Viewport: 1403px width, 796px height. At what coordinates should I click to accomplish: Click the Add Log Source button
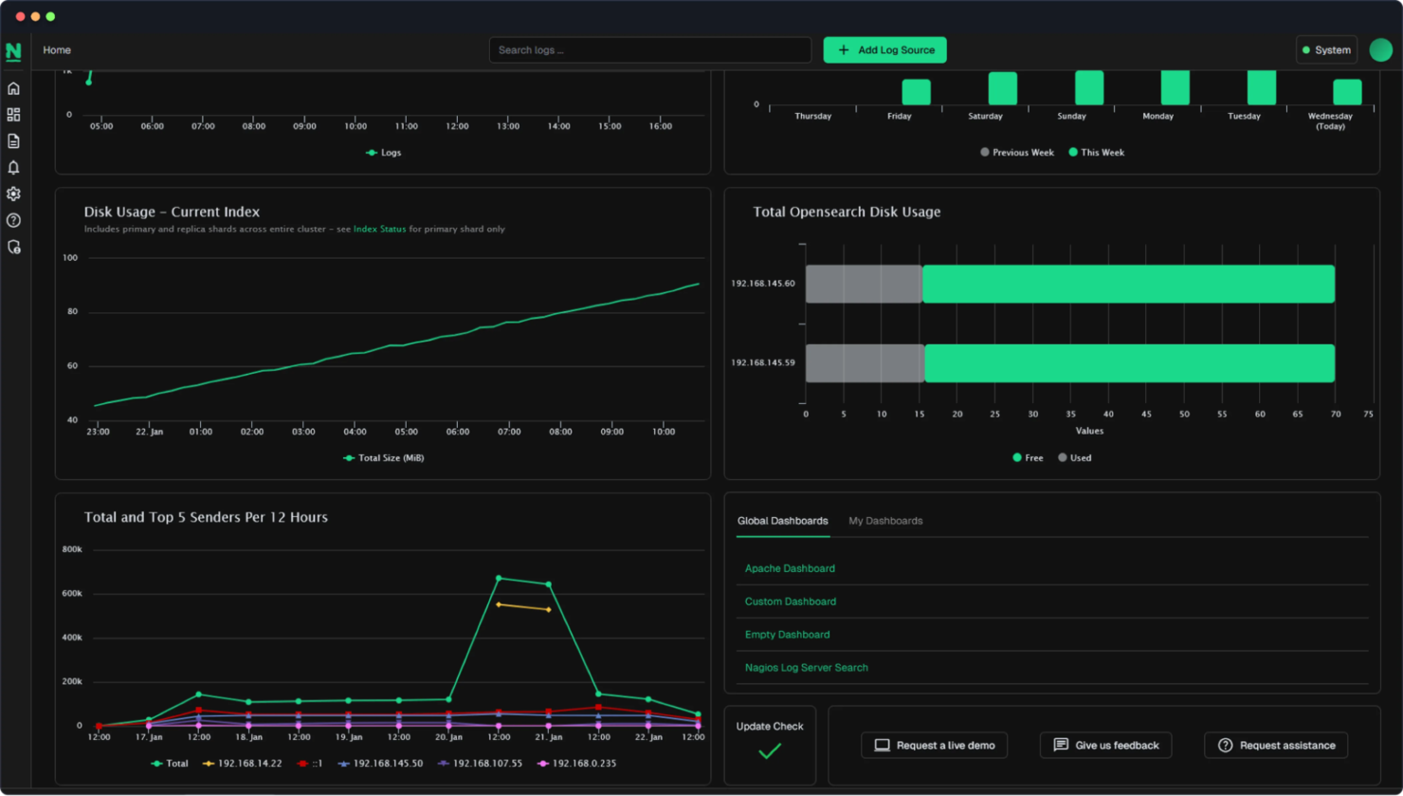[884, 50]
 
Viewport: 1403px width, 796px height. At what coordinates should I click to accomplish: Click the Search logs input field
[649, 50]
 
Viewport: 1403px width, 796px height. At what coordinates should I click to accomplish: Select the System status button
[1326, 50]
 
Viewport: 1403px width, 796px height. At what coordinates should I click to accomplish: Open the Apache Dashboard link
[790, 568]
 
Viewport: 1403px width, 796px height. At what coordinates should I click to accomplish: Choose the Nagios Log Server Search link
[806, 668]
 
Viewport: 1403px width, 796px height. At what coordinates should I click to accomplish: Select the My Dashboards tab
[885, 521]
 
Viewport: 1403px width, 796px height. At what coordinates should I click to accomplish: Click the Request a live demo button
[934, 746]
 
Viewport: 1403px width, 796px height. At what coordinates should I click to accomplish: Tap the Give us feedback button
[1105, 746]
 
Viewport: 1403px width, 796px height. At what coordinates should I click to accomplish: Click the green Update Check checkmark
[770, 751]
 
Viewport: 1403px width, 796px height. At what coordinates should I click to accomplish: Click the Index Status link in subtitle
[379, 230]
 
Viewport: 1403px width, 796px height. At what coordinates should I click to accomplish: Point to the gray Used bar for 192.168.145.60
[864, 285]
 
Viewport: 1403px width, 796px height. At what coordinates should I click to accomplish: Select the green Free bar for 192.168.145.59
[1129, 363]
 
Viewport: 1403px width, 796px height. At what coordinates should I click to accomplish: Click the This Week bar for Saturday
[1002, 88]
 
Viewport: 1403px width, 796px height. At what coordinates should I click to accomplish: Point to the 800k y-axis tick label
[72, 549]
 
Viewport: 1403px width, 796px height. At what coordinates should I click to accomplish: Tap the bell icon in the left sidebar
[13, 168]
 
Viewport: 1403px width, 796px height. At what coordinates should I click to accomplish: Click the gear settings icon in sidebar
[13, 194]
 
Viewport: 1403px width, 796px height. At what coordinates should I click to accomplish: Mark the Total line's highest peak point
[499, 578]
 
